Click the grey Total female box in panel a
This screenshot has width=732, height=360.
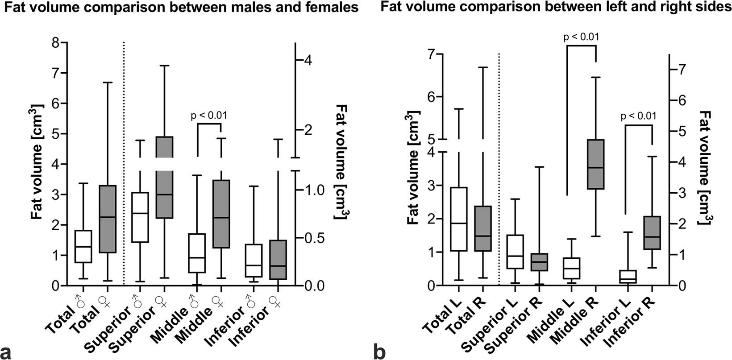(x=108, y=219)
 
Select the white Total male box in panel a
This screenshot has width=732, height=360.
(x=83, y=246)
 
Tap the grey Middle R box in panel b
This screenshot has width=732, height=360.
(x=595, y=164)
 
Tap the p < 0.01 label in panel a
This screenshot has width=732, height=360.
(x=209, y=116)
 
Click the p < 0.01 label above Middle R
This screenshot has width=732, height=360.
(x=581, y=37)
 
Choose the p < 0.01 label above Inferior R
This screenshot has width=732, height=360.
(x=638, y=116)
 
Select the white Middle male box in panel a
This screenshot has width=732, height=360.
(x=197, y=253)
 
